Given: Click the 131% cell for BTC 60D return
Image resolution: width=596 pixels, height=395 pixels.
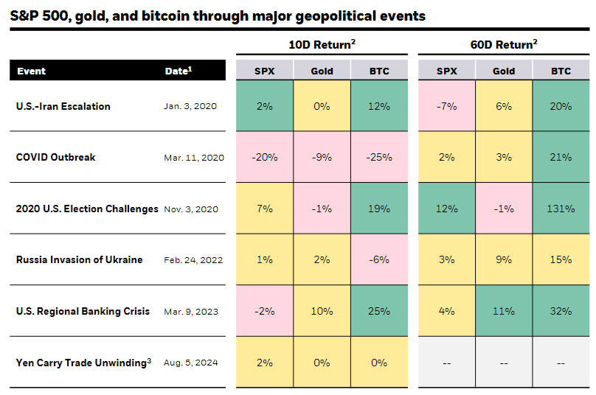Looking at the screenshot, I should click(561, 209).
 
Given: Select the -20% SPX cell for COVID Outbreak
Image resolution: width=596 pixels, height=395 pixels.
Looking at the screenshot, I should click(264, 157).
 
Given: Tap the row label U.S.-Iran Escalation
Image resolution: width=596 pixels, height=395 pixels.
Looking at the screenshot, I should click(63, 106).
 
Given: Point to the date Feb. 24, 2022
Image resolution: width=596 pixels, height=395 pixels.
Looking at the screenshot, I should click(193, 260).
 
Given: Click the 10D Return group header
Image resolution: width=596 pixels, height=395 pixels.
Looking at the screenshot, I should click(322, 44).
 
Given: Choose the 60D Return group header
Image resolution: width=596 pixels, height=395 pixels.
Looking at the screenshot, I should click(504, 44).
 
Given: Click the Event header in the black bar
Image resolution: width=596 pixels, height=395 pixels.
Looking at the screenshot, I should click(31, 71).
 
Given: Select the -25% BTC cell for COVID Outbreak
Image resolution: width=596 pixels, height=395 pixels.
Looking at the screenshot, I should click(379, 157).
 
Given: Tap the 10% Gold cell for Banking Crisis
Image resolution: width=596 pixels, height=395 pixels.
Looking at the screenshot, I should click(322, 311).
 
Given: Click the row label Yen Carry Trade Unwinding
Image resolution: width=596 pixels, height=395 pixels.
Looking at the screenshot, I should click(82, 362).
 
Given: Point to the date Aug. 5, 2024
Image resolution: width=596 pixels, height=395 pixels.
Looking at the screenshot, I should click(191, 363).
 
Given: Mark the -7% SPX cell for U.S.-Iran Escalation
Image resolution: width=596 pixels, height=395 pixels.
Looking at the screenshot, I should click(446, 106).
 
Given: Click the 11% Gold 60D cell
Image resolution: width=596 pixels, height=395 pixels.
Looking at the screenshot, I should click(504, 311).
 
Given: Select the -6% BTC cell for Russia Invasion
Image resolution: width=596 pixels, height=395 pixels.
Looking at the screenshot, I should click(379, 259).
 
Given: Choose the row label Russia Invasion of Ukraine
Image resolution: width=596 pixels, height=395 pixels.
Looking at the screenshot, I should click(79, 260).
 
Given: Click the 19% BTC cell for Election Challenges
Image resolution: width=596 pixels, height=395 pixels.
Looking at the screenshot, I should click(379, 209).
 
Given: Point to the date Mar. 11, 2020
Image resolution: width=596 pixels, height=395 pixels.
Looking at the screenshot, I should click(194, 158).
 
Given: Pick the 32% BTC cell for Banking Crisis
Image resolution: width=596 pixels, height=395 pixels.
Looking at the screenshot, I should click(561, 311).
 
